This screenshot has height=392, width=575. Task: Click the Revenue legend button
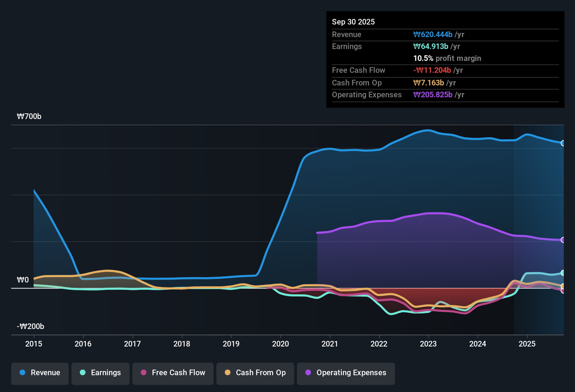pyautogui.click(x=40, y=373)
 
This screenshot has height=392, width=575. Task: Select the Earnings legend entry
pyautogui.click(x=101, y=373)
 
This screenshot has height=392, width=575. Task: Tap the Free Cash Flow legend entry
pyautogui.click(x=173, y=373)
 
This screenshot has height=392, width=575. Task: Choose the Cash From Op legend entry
pyautogui.click(x=255, y=373)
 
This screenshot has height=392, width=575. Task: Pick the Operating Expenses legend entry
pyautogui.click(x=346, y=373)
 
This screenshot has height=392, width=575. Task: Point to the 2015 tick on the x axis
pyautogui.click(x=34, y=344)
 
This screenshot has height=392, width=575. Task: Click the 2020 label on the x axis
pyautogui.click(x=280, y=344)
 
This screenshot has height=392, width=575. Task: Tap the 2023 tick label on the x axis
pyautogui.click(x=428, y=344)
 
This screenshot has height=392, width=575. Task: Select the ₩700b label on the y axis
pyautogui.click(x=29, y=117)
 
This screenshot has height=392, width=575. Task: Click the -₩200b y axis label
pyautogui.click(x=30, y=327)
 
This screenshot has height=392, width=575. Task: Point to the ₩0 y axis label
pyautogui.click(x=23, y=280)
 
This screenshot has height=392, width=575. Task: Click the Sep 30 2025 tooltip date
pyautogui.click(x=353, y=22)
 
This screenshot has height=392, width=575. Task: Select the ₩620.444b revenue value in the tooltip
pyautogui.click(x=433, y=35)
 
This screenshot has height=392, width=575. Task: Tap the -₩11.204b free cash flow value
pyautogui.click(x=432, y=70)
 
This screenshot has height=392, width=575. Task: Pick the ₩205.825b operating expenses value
pyautogui.click(x=433, y=95)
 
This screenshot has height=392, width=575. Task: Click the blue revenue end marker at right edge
pyautogui.click(x=563, y=143)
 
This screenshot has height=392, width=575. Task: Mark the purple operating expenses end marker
pyautogui.click(x=563, y=240)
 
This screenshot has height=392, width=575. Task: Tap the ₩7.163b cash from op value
pyautogui.click(x=429, y=83)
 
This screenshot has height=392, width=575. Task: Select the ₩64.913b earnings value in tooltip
pyautogui.click(x=431, y=47)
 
